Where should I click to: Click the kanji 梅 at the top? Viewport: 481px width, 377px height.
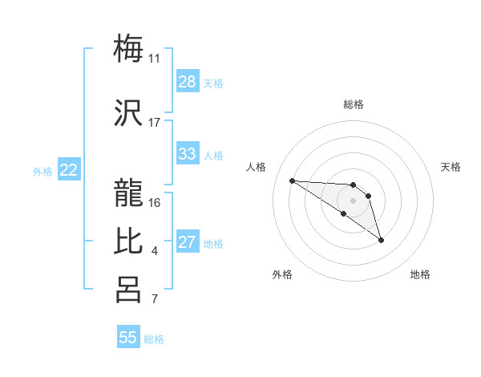(x=128, y=47)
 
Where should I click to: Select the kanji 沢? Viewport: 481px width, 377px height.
(x=128, y=111)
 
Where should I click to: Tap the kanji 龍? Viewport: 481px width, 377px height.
(x=128, y=191)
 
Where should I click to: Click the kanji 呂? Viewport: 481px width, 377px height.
(x=128, y=290)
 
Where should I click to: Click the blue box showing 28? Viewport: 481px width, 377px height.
(x=188, y=82)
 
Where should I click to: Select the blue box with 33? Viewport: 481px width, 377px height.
(x=188, y=155)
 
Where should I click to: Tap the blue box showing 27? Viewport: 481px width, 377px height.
(x=188, y=243)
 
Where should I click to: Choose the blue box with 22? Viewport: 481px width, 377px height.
(x=69, y=170)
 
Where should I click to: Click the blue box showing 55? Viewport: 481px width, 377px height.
(x=128, y=338)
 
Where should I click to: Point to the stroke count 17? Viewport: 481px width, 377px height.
(x=155, y=123)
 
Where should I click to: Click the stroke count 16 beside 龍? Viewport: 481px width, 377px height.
(x=155, y=202)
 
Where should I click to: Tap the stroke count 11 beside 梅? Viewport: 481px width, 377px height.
(x=155, y=59)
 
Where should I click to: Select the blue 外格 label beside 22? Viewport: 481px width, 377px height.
(x=42, y=171)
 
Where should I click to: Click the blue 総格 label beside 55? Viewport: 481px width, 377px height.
(x=154, y=338)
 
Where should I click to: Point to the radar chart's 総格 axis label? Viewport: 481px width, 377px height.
(x=353, y=104)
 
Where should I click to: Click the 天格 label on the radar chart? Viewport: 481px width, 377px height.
(x=451, y=167)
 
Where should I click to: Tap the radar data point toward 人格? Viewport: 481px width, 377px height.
(x=292, y=180)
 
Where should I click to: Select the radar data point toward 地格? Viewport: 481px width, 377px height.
(x=381, y=240)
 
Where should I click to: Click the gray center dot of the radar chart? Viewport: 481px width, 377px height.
(x=353, y=201)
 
